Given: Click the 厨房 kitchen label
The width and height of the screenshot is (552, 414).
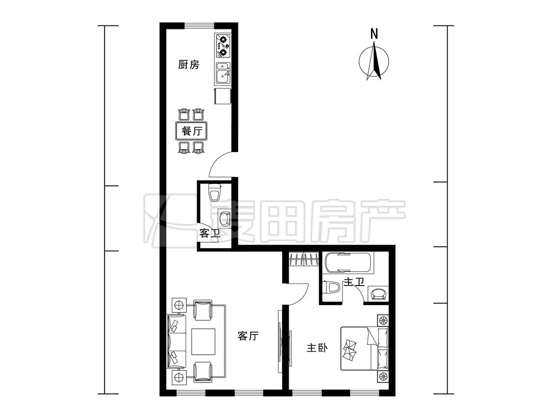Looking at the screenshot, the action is (189, 65).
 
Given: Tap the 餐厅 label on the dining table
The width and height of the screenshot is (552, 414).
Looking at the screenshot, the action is (192, 131).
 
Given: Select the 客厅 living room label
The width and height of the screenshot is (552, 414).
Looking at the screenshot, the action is (248, 336).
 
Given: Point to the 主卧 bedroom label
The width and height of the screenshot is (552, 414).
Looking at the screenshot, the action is (317, 348).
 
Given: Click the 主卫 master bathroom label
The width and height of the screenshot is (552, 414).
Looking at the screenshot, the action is (354, 282).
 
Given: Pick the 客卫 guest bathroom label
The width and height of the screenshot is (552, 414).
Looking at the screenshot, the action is (210, 233).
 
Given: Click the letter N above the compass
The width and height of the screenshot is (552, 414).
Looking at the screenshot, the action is (374, 34).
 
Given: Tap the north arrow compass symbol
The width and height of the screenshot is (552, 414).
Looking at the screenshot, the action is (374, 60).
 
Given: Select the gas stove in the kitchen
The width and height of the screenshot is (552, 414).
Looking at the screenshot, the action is (222, 46).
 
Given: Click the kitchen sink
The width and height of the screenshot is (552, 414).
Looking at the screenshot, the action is (223, 73).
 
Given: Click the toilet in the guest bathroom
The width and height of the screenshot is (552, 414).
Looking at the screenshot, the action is (214, 192).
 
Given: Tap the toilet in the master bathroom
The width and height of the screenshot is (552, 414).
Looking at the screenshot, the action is (332, 287).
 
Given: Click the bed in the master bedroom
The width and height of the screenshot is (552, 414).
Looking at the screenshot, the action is (364, 349).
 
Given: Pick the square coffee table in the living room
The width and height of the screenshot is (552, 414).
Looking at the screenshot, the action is (204, 341).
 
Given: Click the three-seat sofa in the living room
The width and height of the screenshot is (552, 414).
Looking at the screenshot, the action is (176, 342).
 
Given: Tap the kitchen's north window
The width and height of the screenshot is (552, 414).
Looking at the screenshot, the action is (199, 26).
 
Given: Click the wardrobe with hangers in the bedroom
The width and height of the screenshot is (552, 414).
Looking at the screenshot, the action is (304, 260).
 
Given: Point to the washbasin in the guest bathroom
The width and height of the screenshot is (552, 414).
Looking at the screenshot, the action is (224, 218).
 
